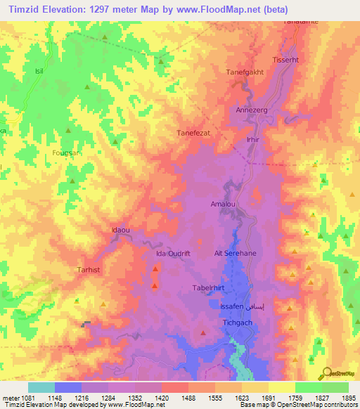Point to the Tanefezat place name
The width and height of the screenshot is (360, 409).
(x=193, y=131)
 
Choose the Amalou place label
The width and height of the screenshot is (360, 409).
(x=222, y=204)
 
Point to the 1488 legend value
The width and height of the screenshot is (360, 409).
(x=188, y=397)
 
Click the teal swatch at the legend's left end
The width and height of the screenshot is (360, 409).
(x=41, y=387)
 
